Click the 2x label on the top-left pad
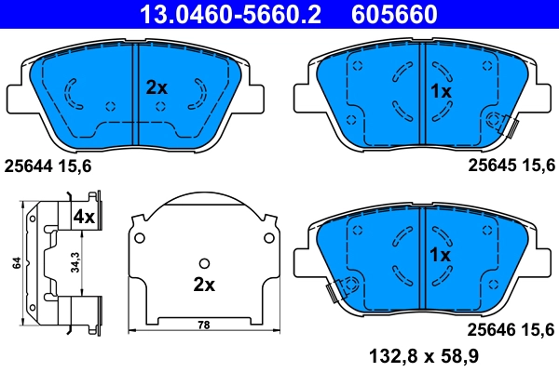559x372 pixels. pyautogui.click(x=157, y=88)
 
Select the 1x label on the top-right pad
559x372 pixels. pyautogui.click(x=440, y=92)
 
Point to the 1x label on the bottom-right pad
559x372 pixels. pyautogui.click(x=440, y=254)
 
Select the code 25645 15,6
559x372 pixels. pyautogui.click(x=511, y=166)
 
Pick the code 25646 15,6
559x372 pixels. pyautogui.click(x=511, y=326)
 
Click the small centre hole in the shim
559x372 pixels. pyautogui.click(x=202, y=264)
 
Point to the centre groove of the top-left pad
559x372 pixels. pyautogui.click(x=137, y=93)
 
